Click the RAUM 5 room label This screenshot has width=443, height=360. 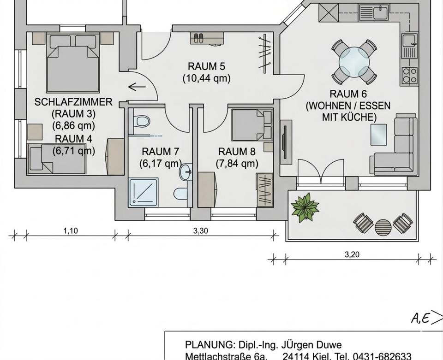coord(206,66)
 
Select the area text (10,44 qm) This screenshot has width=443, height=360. coord(206,78)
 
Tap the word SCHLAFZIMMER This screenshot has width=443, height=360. coord(73,102)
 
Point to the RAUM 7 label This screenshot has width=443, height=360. coord(160,151)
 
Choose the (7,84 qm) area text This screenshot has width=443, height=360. coord(237,163)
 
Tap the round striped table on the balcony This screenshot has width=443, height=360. coord(383,226)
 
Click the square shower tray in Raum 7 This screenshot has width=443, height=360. coord(144,192)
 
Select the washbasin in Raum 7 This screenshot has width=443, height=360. coord(186,172)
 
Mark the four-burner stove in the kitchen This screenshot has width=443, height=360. coord(409,75)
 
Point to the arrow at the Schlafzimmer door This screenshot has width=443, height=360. coord(137,86)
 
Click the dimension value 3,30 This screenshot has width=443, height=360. coord(200,231)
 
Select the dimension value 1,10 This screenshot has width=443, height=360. coord(70,231)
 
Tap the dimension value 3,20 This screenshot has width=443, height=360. coord(352,254)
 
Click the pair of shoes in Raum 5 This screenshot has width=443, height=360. coord(198,38)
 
